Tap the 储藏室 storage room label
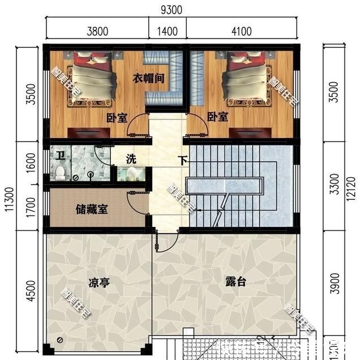point(92,208)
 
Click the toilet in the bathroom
point(59,170)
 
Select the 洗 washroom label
point(131,159)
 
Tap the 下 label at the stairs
point(183,160)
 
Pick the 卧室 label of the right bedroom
point(218,117)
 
